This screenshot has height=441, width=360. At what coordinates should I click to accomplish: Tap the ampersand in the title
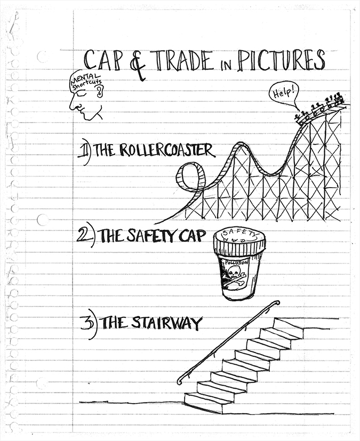tap(138, 66)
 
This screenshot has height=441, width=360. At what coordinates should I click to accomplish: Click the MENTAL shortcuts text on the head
tap(85, 79)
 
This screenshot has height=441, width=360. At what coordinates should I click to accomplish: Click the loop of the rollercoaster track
tap(189, 178)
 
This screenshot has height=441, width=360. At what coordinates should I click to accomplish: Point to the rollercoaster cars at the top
tap(321, 108)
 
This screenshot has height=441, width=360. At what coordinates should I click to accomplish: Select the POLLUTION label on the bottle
tap(236, 263)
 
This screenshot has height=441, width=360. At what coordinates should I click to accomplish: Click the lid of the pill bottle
tap(239, 239)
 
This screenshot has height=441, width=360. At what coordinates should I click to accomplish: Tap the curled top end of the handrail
tap(277, 303)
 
